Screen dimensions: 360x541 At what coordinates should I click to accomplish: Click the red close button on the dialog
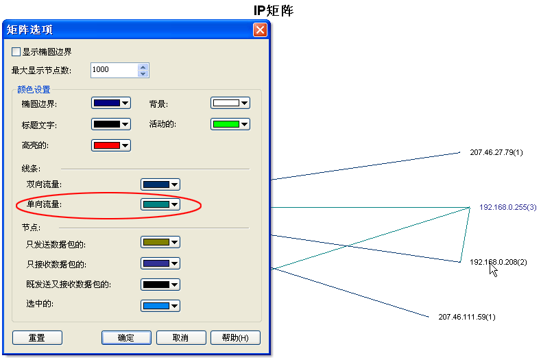tap(260, 29)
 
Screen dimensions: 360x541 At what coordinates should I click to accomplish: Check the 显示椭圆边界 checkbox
tap(16, 51)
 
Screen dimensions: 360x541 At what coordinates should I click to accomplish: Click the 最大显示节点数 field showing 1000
tap(114, 70)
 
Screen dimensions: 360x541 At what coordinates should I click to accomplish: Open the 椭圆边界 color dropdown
tap(110, 104)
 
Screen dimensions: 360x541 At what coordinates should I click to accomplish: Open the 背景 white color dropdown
tap(230, 104)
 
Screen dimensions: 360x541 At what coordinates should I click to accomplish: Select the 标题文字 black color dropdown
tap(110, 125)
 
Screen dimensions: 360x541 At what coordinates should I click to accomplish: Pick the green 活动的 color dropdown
tap(230, 125)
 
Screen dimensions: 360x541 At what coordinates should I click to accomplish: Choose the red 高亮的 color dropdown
tap(110, 145)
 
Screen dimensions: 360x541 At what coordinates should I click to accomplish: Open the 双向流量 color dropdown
tap(160, 184)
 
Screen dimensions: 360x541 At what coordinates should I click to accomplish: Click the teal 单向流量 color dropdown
tap(160, 204)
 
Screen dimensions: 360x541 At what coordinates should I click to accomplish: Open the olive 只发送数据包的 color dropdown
tap(160, 242)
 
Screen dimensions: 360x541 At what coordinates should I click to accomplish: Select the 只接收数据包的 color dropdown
tap(160, 263)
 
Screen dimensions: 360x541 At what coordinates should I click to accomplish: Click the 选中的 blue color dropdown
tap(160, 306)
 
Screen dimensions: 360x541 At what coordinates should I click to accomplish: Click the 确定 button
tap(126, 338)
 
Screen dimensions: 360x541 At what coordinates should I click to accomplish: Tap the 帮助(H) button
tap(235, 338)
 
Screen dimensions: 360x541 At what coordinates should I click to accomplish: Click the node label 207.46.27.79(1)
tap(496, 152)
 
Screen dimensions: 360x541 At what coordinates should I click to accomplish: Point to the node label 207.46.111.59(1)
tap(466, 317)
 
